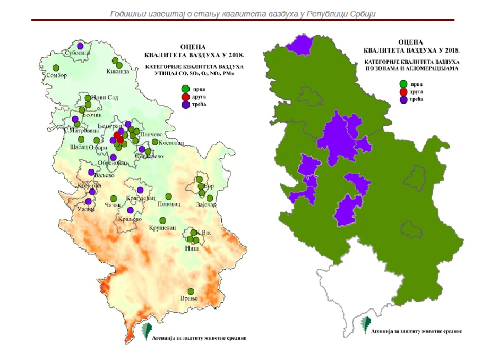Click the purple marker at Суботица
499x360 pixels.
81,46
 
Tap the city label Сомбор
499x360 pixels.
56,75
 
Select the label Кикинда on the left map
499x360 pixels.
118,72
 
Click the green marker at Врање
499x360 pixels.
190,291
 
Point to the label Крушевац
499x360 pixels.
161,227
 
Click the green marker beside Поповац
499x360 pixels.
169,196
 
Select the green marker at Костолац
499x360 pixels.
155,142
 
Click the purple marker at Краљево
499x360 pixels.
131,210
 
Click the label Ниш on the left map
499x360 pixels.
192,248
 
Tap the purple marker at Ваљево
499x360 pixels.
91,173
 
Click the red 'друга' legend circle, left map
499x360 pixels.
185,97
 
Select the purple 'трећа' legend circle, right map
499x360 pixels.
405,99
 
